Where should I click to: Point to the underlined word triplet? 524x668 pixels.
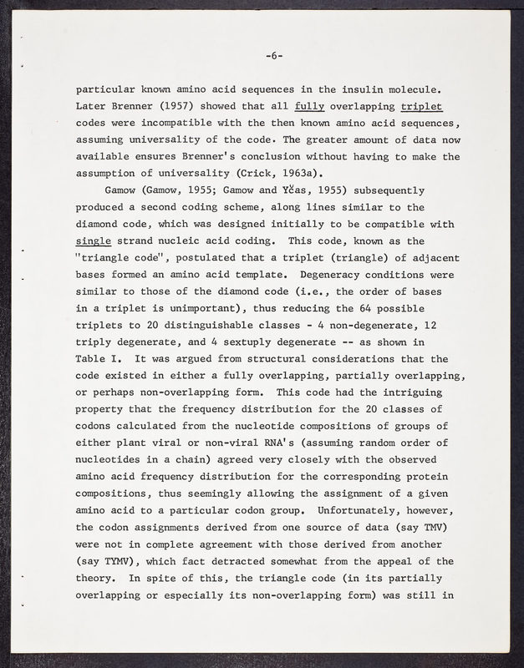click(421, 108)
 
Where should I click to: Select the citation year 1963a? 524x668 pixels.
click(300, 175)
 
